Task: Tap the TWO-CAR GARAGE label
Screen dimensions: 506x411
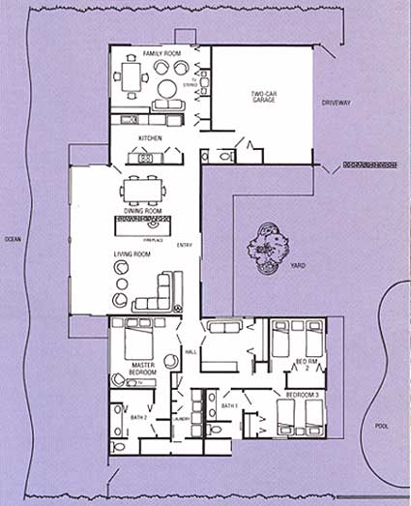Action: [264, 97]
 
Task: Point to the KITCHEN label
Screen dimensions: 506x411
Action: [151, 138]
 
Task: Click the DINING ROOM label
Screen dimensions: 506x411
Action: [141, 210]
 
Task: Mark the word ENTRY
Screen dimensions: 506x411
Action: [185, 245]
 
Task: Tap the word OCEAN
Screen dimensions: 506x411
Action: [12, 238]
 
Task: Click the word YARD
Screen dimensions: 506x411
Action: [298, 263]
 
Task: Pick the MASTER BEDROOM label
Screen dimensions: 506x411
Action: [143, 369]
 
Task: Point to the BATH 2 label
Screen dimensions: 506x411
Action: [137, 417]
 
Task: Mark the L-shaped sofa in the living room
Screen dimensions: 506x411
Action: [165, 289]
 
